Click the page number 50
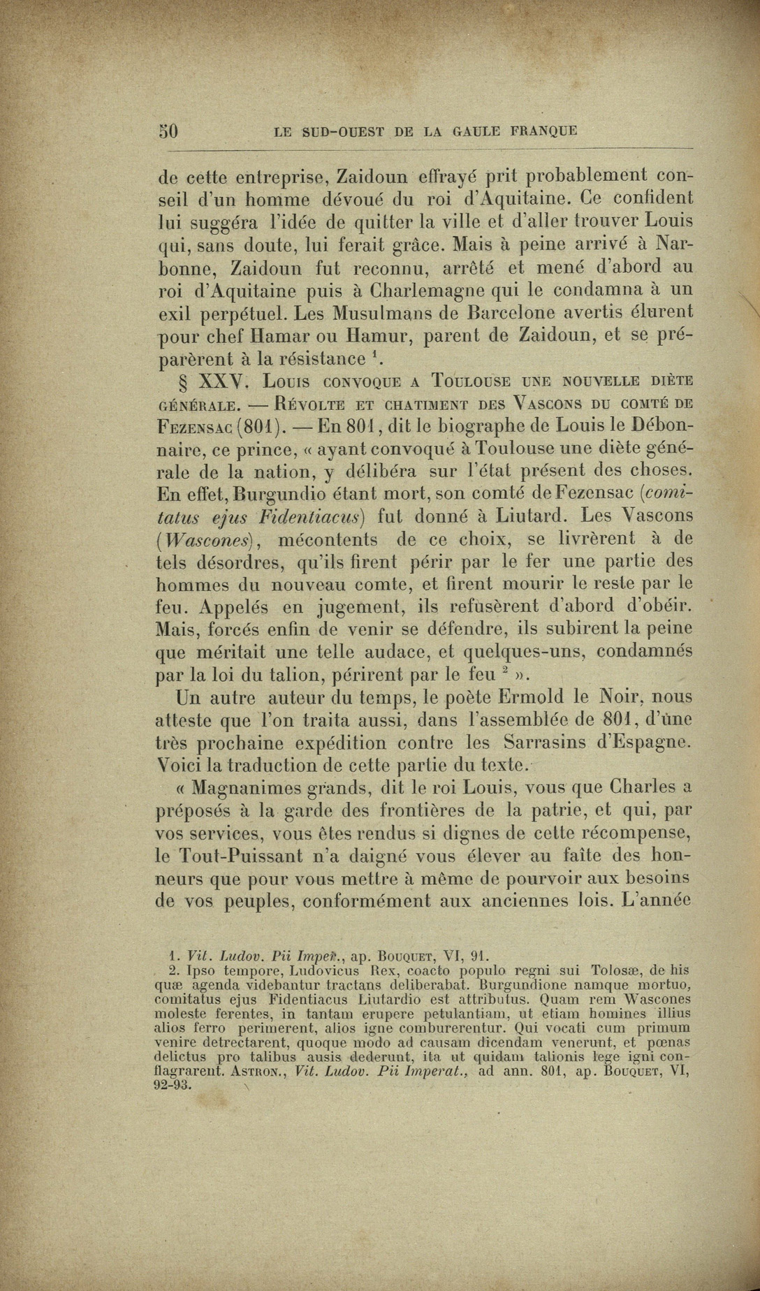tap(168, 131)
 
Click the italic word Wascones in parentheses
tap(205, 541)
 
